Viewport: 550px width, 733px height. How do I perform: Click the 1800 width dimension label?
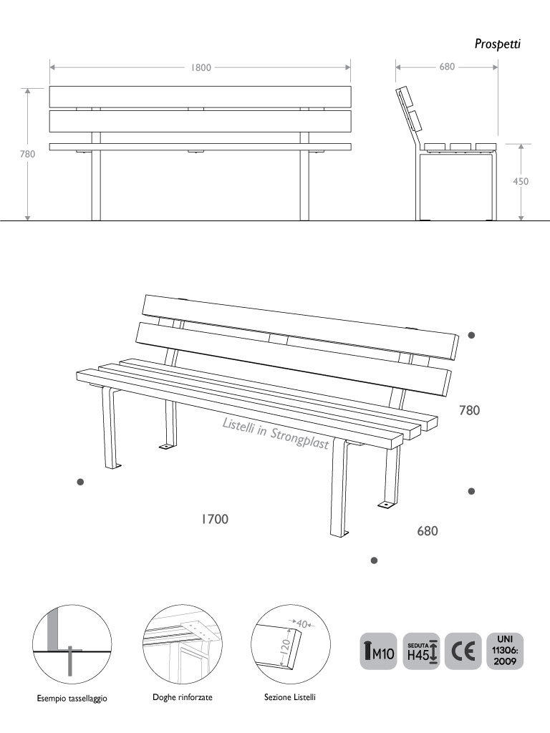(x=201, y=67)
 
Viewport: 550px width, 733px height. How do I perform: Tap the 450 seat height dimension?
(x=521, y=181)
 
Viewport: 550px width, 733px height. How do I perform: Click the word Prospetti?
(x=498, y=44)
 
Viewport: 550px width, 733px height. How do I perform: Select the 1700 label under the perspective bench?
(x=215, y=519)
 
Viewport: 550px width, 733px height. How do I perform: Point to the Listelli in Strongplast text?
(x=276, y=433)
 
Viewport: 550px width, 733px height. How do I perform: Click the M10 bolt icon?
(x=378, y=651)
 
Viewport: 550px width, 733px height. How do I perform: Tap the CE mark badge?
(x=463, y=651)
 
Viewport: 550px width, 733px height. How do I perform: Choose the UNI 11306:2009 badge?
(x=505, y=651)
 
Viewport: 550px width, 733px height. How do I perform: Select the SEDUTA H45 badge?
(x=421, y=651)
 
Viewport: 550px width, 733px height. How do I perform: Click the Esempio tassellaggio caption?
(x=72, y=699)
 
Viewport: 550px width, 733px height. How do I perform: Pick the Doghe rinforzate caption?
(x=183, y=697)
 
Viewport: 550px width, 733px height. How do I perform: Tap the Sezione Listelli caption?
(x=290, y=697)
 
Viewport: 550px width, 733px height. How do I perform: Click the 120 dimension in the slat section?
(x=286, y=646)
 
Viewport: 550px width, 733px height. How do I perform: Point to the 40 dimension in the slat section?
(x=302, y=624)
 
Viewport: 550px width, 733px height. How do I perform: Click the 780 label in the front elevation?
(x=28, y=154)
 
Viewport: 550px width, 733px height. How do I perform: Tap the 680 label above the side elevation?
(x=447, y=67)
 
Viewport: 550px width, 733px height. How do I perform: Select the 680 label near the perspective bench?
(x=428, y=531)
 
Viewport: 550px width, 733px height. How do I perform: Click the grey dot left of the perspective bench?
(x=80, y=482)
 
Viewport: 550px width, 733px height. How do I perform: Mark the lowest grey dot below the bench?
(x=374, y=560)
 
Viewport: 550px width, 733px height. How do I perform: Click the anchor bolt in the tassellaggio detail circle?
(x=69, y=661)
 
